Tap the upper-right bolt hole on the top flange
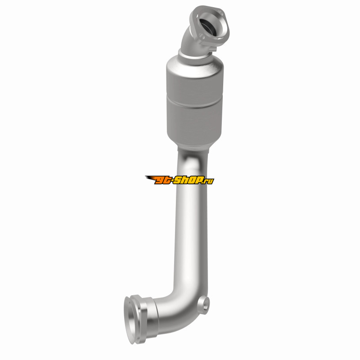(220, 12)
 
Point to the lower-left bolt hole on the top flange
(202, 36)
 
